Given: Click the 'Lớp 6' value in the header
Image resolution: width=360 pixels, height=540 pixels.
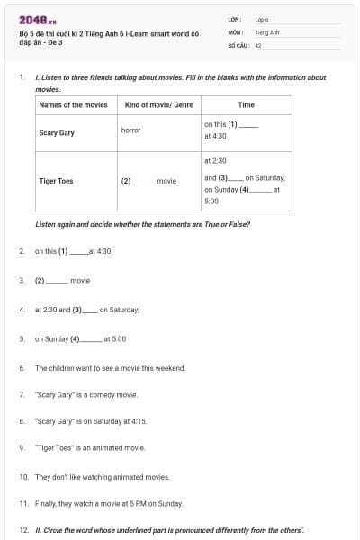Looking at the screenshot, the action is pos(262,18).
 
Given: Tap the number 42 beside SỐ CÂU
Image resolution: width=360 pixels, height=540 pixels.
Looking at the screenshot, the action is pos(258,44).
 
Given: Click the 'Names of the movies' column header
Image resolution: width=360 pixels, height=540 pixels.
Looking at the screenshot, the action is pos(73,104).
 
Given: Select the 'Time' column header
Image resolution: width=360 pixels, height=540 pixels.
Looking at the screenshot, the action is pos(246,104).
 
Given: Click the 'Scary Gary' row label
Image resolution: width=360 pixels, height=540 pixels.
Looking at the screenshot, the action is pos(57,131).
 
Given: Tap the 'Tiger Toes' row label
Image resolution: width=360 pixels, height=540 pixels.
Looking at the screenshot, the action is pos(57,180).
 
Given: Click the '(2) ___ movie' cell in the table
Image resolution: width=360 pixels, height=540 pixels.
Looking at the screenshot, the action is pos(148,180).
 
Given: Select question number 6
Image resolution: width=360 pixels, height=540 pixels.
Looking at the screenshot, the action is pos(22,368).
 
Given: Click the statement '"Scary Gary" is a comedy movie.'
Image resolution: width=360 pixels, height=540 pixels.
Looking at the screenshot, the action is pos(85,394).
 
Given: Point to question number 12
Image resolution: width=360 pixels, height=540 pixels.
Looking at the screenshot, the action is pos(22,530).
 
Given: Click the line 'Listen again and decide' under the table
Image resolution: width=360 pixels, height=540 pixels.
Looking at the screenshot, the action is pos(141,223).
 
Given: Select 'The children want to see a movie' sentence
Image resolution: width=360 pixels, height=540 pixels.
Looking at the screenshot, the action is pos(110,368).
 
